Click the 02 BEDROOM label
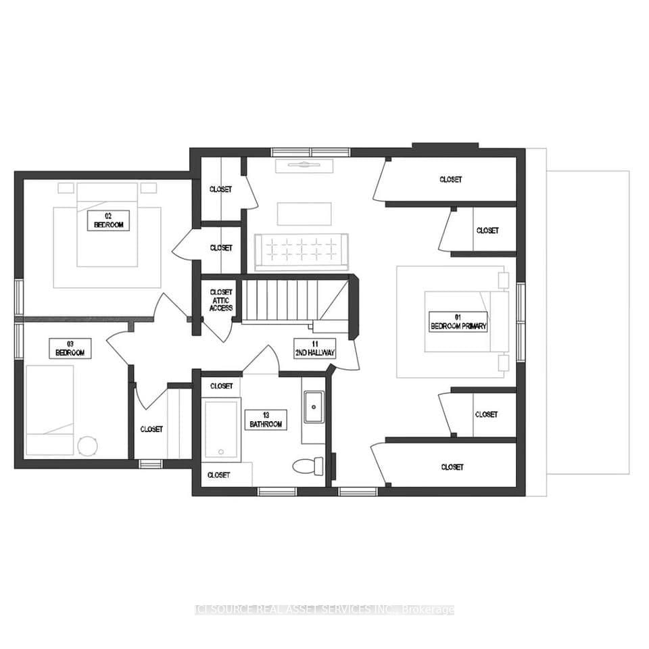tap(109, 220)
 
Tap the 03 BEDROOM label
tap(70, 350)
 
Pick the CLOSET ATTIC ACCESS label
tap(220, 300)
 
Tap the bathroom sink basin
tap(313, 406)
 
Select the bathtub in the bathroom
tap(221, 429)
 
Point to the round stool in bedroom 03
tap(87, 446)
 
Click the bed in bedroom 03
tap(49, 410)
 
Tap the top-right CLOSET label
tap(450, 180)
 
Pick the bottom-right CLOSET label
tap(452, 467)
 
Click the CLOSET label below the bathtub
tap(219, 475)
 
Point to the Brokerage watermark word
tap(428, 610)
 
